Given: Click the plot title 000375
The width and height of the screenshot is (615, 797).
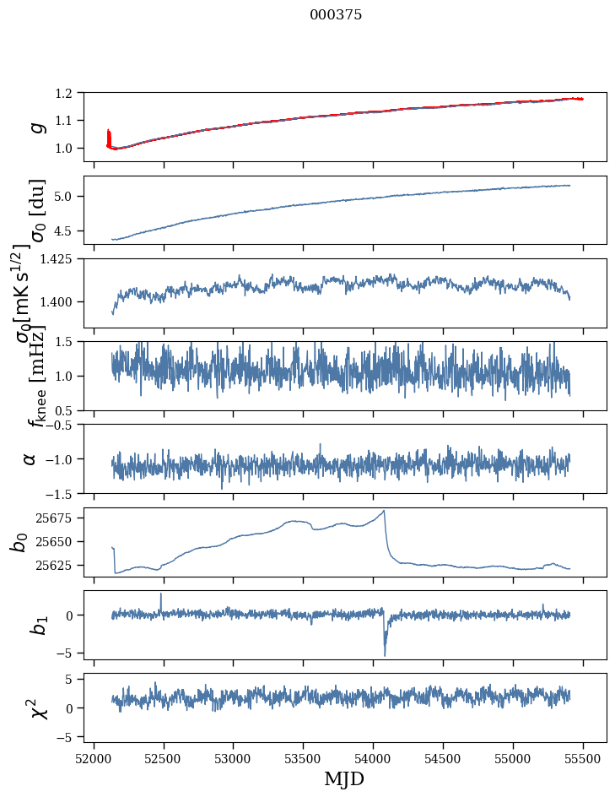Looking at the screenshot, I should [x=336, y=15].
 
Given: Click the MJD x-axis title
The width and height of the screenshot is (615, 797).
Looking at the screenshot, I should [x=344, y=779].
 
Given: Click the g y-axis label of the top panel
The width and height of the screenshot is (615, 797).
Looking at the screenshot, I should [x=35, y=127].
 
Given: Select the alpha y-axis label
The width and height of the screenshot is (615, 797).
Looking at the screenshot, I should [x=30, y=458].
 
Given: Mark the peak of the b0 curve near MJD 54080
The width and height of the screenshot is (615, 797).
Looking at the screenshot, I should [x=385, y=511].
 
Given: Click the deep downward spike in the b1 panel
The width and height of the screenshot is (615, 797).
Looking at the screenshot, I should [x=385, y=655].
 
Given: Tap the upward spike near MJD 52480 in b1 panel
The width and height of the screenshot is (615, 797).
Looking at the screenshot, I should [x=161, y=594].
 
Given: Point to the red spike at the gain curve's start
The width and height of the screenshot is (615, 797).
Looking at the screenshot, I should [x=108, y=135].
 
